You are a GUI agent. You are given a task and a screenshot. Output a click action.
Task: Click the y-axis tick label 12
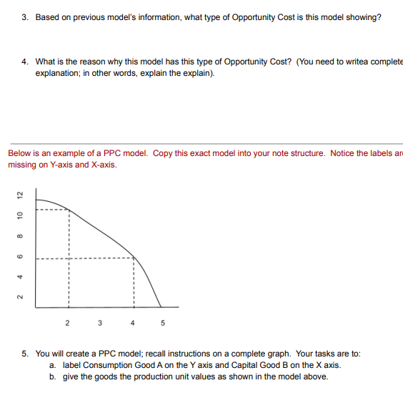[x=21, y=195]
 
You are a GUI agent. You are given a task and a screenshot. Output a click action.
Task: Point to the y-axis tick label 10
[x=21, y=215]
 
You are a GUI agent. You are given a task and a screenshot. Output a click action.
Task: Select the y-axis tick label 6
[x=21, y=257]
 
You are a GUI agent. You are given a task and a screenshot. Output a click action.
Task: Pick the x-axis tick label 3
[x=99, y=323]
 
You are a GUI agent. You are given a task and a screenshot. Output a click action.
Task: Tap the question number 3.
[x=24, y=16]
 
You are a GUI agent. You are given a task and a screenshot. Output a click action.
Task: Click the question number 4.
[x=24, y=62]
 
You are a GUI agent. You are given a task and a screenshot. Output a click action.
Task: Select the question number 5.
[x=24, y=354]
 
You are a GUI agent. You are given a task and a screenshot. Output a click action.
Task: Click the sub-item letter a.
[x=53, y=365]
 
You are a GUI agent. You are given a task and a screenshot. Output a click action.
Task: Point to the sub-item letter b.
[x=53, y=377]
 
